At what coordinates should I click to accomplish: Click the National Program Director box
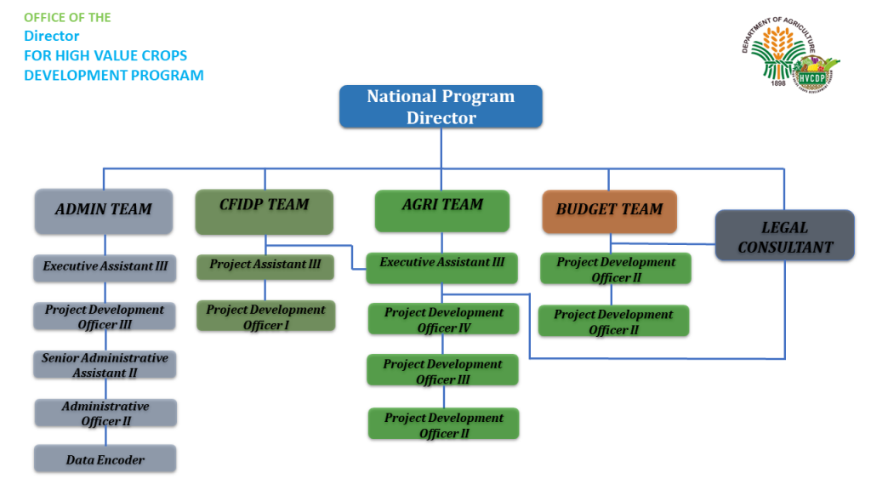(441, 106)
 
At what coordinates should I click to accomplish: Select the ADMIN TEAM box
(104, 211)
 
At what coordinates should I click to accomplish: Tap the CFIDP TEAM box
(265, 212)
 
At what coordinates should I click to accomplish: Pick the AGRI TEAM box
(442, 211)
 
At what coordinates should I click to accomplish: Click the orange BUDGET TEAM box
(609, 212)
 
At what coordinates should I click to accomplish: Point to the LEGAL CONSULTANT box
(784, 236)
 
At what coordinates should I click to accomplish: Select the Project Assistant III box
(265, 267)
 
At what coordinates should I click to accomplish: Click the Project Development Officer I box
(266, 316)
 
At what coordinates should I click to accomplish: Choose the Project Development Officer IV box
(444, 319)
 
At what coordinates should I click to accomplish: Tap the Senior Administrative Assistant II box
(105, 364)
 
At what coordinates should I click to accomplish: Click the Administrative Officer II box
(105, 413)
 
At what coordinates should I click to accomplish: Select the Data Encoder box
(105, 459)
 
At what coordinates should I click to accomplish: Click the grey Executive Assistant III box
(105, 268)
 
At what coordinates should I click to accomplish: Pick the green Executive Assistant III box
(442, 268)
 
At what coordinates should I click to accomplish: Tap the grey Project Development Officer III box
(105, 316)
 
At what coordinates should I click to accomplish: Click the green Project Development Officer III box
(442, 370)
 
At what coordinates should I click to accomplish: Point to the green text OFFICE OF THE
(67, 18)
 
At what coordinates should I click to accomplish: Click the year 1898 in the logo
(778, 83)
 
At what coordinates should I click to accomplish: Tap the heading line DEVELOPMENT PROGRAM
(114, 75)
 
